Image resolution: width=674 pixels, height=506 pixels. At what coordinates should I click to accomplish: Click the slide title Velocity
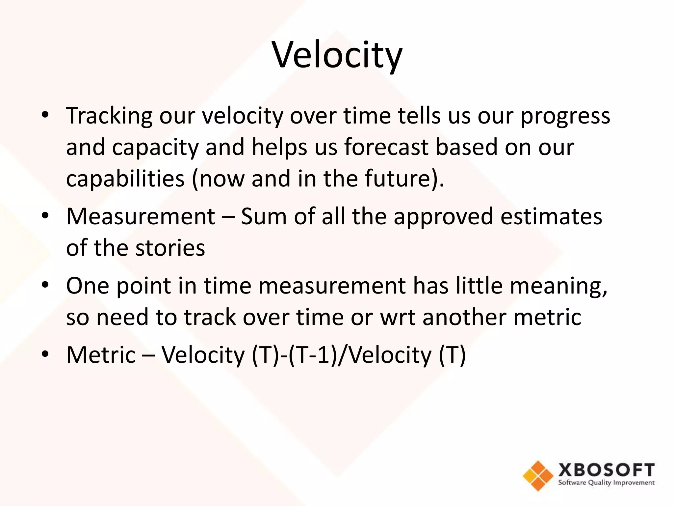coord(337,55)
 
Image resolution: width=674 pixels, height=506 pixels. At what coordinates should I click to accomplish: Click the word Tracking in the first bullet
coord(109,116)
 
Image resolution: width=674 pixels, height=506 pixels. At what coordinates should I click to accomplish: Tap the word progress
coord(565,116)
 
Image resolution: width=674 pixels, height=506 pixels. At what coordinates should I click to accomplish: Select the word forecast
coord(386,147)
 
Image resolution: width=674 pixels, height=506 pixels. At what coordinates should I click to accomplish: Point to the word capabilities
coord(125,179)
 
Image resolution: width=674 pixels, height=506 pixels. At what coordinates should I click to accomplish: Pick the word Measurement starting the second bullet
coord(141,216)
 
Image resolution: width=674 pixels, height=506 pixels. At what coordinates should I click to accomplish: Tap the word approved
coord(443,216)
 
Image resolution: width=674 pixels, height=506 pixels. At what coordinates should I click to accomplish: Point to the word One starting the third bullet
coord(88,286)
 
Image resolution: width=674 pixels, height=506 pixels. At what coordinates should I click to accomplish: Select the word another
coord(464,317)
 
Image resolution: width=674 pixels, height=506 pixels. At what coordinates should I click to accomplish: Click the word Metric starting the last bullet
coord(101,355)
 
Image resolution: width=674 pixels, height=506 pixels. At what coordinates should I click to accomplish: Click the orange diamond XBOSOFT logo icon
coord(538,476)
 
